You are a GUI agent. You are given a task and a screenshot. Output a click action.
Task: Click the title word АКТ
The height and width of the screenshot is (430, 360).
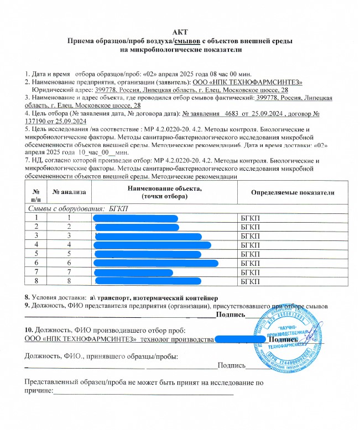(180, 32)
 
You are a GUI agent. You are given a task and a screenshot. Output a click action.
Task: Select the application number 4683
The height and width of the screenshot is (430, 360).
(236, 113)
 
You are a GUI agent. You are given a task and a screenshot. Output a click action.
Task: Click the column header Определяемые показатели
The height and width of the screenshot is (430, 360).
(293, 192)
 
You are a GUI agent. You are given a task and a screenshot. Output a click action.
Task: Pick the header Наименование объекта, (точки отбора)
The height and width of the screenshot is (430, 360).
(164, 192)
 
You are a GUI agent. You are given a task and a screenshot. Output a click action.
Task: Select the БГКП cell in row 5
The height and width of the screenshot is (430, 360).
(251, 254)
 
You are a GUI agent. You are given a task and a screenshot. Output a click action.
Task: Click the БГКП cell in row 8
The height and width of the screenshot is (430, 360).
(251, 281)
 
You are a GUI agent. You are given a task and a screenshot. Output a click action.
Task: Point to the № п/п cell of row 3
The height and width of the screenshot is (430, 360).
(36, 235)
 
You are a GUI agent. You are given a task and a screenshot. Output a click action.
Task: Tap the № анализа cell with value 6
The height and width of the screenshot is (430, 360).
(70, 263)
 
